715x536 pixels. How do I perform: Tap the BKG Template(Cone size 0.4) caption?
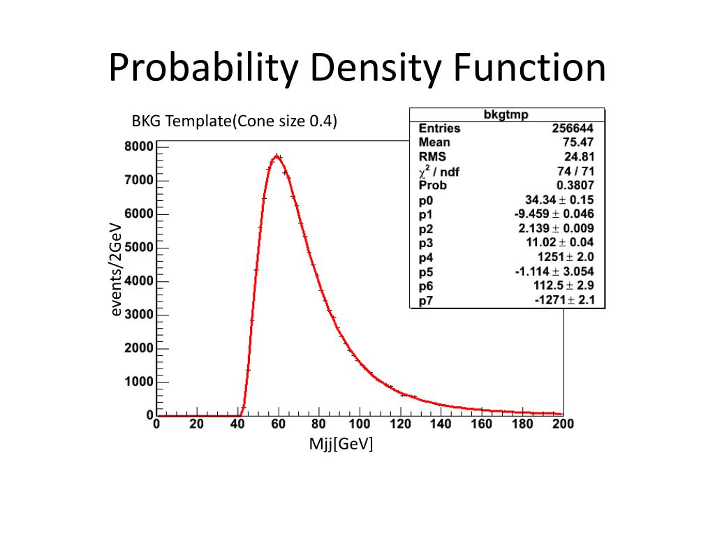(235, 121)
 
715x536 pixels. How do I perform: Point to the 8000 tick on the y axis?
(139, 147)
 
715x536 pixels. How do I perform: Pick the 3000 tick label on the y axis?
(139, 315)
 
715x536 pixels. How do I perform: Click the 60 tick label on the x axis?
(278, 424)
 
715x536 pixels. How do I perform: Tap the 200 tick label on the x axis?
(562, 424)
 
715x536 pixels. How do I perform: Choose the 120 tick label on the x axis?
(400, 424)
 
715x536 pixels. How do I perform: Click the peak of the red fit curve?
(277, 156)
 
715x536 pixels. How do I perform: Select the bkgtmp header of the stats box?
(506, 114)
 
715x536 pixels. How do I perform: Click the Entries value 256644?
(574, 128)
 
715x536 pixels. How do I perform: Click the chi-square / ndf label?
(439, 172)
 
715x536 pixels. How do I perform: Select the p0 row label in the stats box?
(426, 200)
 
